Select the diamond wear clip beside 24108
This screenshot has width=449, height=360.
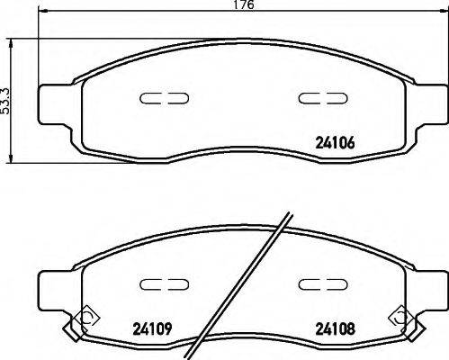(398, 316)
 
